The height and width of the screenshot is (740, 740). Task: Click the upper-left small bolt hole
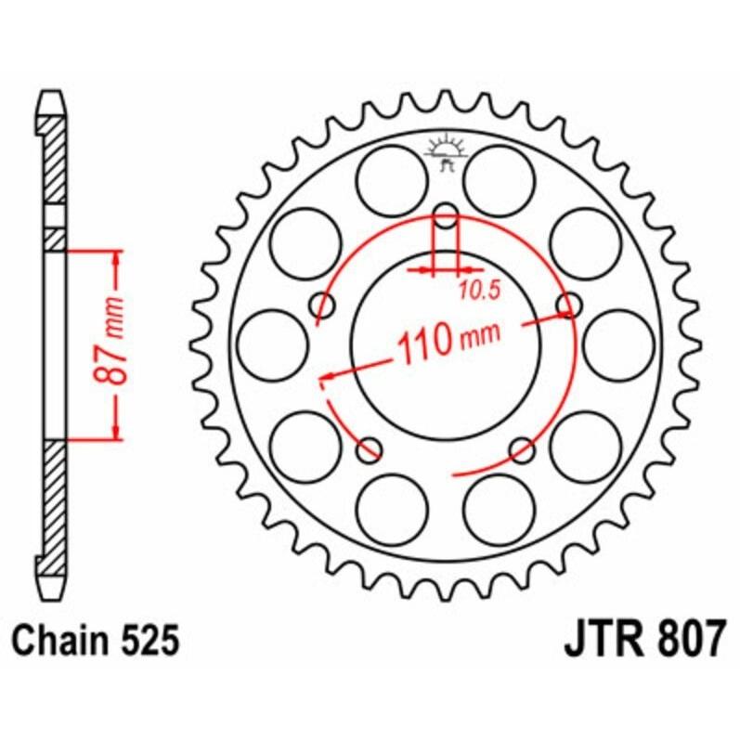[x=326, y=305]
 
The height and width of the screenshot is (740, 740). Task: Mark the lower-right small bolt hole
[x=524, y=450]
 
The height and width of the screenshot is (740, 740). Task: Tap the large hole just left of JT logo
[x=392, y=179]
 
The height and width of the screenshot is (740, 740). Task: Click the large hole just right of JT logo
[x=500, y=179]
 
